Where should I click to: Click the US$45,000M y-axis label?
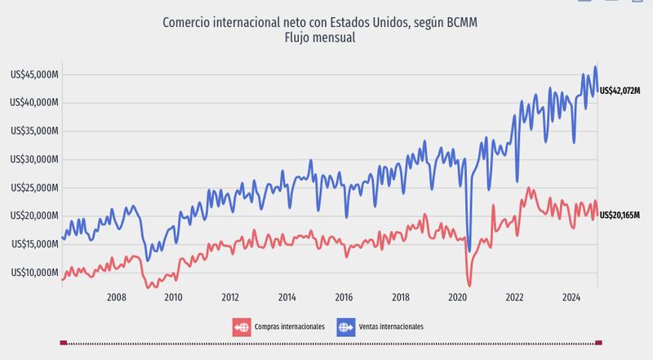coord(35,74)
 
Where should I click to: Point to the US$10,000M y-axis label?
coord(35,272)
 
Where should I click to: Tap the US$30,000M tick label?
coord(35,159)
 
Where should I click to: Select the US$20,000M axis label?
coord(35,216)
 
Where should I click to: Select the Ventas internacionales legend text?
coord(392,327)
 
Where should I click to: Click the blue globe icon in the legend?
coord(346,327)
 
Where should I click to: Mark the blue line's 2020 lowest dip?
coord(469,251)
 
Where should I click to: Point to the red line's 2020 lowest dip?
coord(469,285)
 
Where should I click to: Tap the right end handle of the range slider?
coord(598,342)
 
